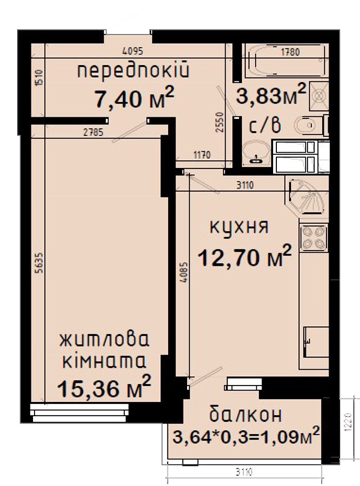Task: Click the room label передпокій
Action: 133,70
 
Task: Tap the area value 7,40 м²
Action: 134,98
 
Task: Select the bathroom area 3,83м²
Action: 271,94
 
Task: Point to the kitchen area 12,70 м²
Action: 245,256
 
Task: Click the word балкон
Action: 246,414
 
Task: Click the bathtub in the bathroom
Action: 285,60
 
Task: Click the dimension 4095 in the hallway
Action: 133,51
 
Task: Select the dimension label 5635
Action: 39,263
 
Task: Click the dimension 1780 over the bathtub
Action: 290,52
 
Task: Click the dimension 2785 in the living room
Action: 93,133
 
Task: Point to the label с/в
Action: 265,125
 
